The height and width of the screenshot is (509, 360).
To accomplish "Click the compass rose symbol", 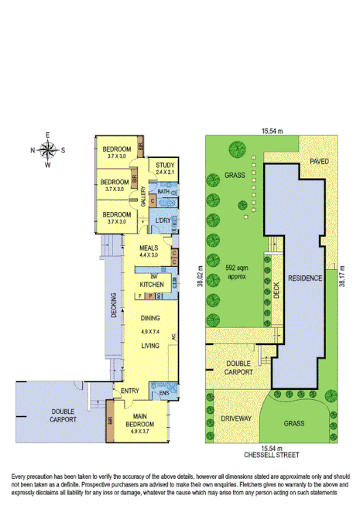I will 48,149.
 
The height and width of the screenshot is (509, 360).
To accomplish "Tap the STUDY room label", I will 163,165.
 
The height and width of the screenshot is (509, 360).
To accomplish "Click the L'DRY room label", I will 163,222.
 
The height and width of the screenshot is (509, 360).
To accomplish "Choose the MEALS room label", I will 149,248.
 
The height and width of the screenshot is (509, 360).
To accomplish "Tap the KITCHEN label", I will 152,285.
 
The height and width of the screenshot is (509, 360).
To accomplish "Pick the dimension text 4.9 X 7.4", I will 149,331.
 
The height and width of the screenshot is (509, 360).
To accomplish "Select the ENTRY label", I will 129,391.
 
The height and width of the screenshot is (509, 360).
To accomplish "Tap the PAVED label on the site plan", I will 319,162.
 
